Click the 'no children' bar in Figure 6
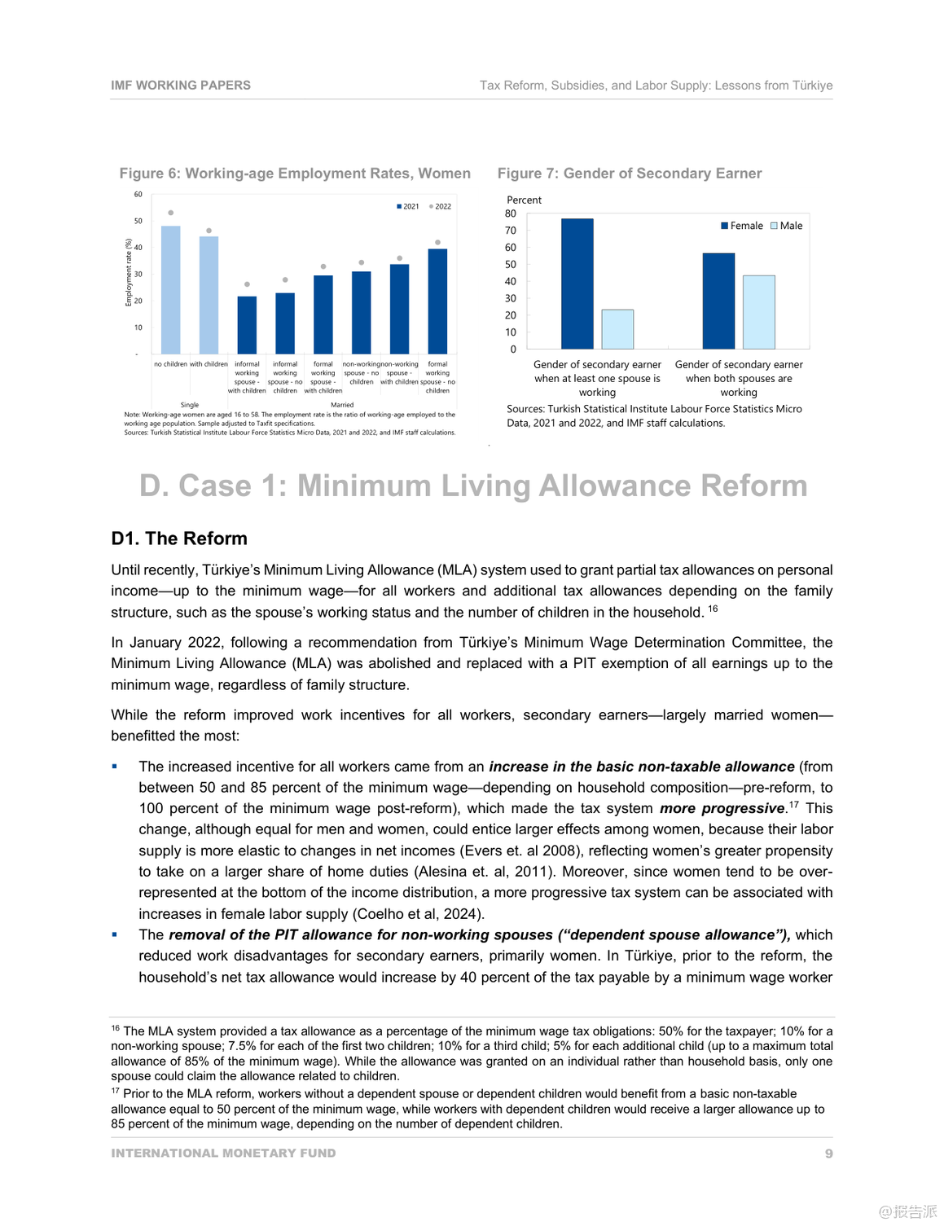click(x=171, y=290)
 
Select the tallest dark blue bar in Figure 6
click(x=437, y=301)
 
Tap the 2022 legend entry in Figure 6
click(x=440, y=206)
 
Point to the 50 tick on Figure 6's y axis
click(x=138, y=221)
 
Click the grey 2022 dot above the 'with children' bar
click(x=209, y=231)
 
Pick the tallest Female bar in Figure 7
click(x=577, y=284)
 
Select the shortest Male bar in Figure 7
click(x=617, y=329)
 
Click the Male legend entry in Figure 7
click(x=787, y=226)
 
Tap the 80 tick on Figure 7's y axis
click(x=511, y=213)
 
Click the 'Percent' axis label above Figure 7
click(x=524, y=200)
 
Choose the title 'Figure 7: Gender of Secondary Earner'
click(x=630, y=174)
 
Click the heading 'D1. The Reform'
click(x=179, y=538)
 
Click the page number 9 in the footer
click(x=829, y=1154)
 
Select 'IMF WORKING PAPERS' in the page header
click(x=181, y=86)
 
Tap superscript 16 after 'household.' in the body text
click(x=713, y=609)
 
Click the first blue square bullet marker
click(x=115, y=767)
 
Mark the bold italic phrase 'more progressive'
click(x=722, y=808)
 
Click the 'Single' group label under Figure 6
click(x=190, y=405)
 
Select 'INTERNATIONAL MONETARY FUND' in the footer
click(x=223, y=1154)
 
